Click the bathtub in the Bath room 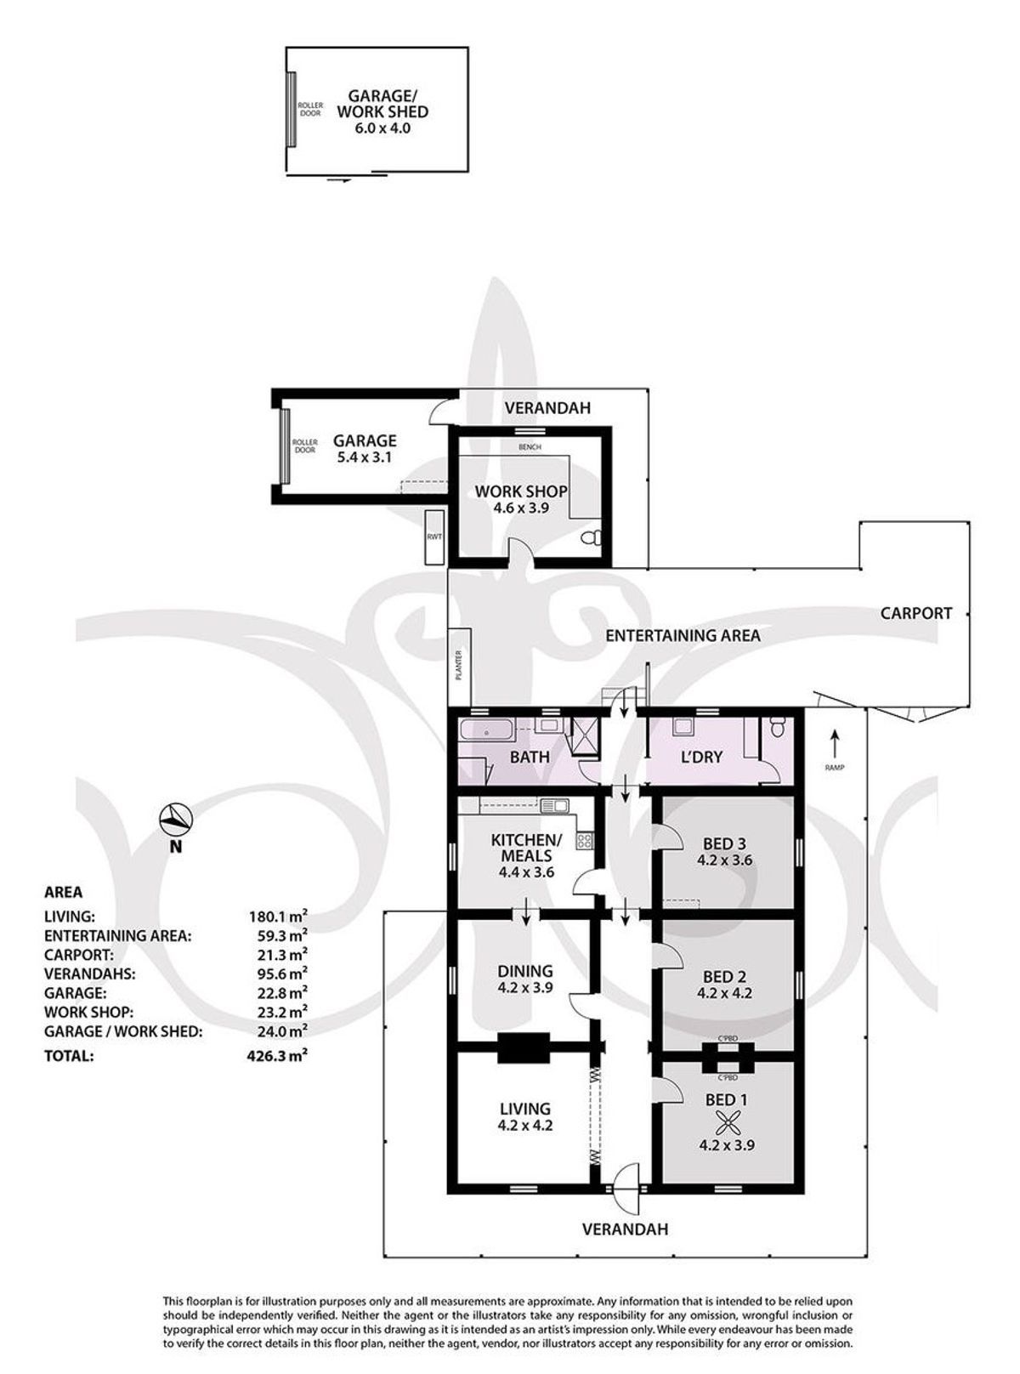486,730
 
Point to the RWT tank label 434,537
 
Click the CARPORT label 916,613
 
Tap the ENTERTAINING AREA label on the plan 683,635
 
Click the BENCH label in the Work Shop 530,446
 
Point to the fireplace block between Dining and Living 524,1048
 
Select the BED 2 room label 724,977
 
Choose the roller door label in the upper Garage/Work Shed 310,110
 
